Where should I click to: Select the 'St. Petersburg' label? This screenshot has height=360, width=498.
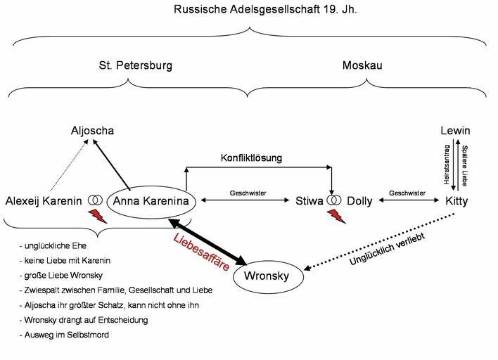(x=135, y=65)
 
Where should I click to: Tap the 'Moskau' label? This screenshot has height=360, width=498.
(x=362, y=65)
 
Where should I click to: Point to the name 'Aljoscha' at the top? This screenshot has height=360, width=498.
(x=92, y=131)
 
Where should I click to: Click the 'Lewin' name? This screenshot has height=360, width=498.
(x=455, y=131)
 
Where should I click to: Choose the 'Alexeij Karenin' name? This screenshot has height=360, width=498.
(x=44, y=202)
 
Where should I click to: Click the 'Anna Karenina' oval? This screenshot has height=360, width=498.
(x=151, y=202)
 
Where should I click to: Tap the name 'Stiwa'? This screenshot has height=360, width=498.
(x=309, y=202)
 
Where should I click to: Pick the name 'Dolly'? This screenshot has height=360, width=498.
(x=359, y=202)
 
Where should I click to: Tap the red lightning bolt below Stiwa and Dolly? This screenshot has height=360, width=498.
(x=337, y=215)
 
